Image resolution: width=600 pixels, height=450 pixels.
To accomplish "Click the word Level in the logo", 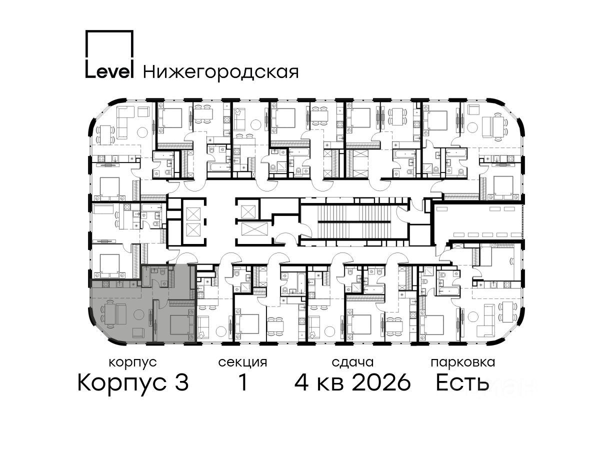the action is click(x=109, y=71).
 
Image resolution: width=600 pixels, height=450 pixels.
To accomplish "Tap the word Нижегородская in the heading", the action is click(x=221, y=72).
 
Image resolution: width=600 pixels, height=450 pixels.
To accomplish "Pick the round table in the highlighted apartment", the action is click(x=139, y=314).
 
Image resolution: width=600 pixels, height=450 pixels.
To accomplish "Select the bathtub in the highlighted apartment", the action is click(x=146, y=277).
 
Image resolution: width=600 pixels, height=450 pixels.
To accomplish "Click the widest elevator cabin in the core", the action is click(x=254, y=229).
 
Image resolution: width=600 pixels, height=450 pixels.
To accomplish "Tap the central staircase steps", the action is click(x=355, y=222).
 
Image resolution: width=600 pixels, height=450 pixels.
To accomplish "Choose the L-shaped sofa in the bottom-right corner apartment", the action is click(x=485, y=321).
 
